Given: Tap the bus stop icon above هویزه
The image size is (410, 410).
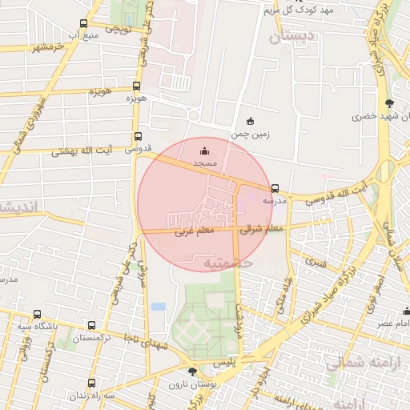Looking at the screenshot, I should [x=137, y=86].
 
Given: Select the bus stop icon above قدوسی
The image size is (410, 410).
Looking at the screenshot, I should [x=138, y=137].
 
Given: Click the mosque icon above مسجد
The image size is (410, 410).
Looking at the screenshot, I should [x=204, y=150].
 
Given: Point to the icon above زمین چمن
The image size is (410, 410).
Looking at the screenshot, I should [x=250, y=122].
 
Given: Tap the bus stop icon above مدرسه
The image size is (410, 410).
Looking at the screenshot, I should [x=275, y=189].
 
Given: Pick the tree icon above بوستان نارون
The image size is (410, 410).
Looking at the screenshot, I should [x=191, y=372].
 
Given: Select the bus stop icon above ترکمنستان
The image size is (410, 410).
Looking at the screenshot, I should [x=92, y=326].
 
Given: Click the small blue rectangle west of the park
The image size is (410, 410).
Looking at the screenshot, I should [x=158, y=307].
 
